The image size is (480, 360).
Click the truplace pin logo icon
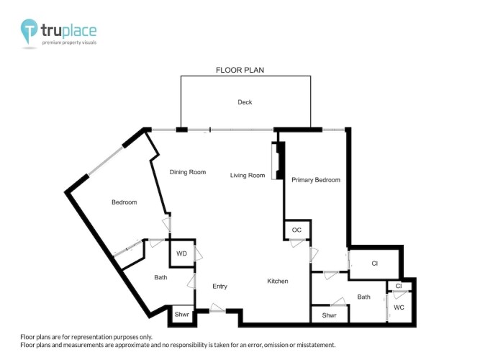pyautogui.click(x=29, y=31)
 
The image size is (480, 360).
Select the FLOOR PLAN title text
pyautogui.click(x=240, y=70)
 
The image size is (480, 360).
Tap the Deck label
pyautogui.click(x=245, y=102)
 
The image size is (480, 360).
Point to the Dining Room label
pyautogui.click(x=188, y=172)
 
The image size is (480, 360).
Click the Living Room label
pyautogui.click(x=248, y=176)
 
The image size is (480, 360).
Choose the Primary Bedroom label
pyautogui.click(x=316, y=180)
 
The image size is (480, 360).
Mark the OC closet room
pyautogui.click(x=297, y=230)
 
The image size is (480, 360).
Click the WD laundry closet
pyautogui.click(x=182, y=253)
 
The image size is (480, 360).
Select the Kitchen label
pyautogui.click(x=278, y=281)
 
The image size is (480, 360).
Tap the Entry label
pyautogui.click(x=219, y=286)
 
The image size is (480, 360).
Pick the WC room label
pyautogui.click(x=399, y=307)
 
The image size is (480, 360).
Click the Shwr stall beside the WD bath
pyautogui.click(x=182, y=314)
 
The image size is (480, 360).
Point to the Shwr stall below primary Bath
pyautogui.click(x=330, y=315)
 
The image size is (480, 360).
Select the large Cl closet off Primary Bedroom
pyautogui.click(x=374, y=264)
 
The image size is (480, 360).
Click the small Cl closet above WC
pyautogui.click(x=399, y=286)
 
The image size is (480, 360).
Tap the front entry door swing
pyautogui.click(x=217, y=308)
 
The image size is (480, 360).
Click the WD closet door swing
pyautogui.click(x=198, y=253)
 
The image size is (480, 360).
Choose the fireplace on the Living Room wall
pyautogui.click(x=278, y=161)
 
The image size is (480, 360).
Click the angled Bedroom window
pyautogui.click(x=106, y=161)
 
